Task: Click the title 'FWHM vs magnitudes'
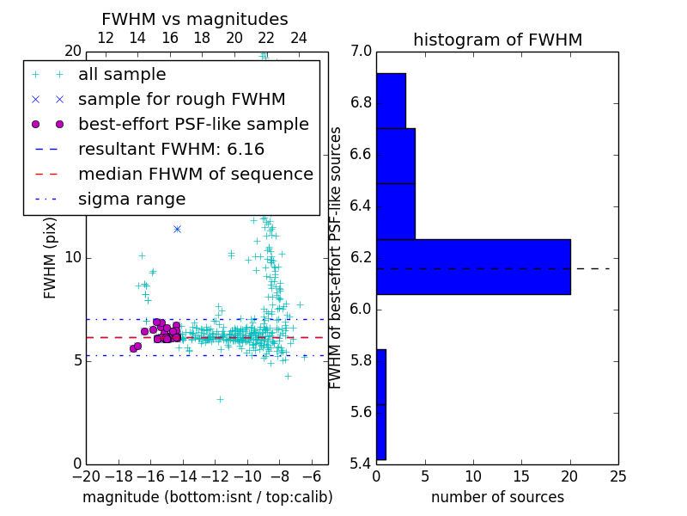(x=195, y=19)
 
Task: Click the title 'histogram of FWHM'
(x=497, y=40)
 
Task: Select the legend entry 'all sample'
(x=122, y=75)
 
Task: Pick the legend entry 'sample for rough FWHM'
(x=181, y=100)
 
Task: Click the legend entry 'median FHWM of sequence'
(x=195, y=175)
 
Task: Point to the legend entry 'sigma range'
(x=131, y=200)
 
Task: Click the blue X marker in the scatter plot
(x=177, y=229)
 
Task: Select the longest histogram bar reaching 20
(x=473, y=267)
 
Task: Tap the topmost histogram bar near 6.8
(x=391, y=101)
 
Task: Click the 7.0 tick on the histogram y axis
(x=362, y=52)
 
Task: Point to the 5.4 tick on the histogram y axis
(x=362, y=464)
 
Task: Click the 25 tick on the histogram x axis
(x=617, y=476)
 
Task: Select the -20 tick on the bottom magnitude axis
(x=86, y=476)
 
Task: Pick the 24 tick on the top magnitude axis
(x=299, y=38)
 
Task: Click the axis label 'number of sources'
(x=497, y=497)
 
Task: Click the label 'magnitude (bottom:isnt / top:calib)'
(x=207, y=497)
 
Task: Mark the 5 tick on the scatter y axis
(x=76, y=360)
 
